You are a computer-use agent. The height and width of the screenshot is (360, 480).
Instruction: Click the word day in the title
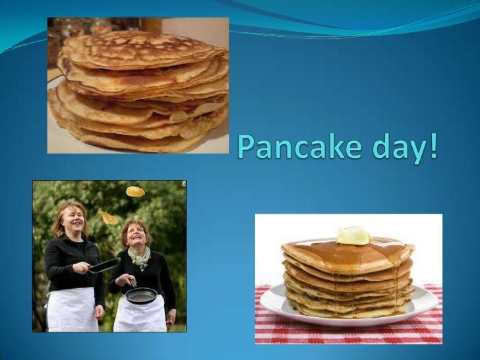point(406,146)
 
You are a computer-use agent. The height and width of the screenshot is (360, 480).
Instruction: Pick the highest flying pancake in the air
point(135,191)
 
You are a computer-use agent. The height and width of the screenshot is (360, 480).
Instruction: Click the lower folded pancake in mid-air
point(108,217)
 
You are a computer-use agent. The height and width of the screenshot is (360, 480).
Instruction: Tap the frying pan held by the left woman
point(105,265)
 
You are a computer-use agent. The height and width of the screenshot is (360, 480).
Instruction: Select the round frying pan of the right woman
point(141,295)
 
